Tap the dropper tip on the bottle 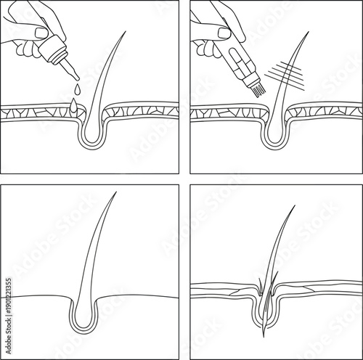point(73,75)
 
